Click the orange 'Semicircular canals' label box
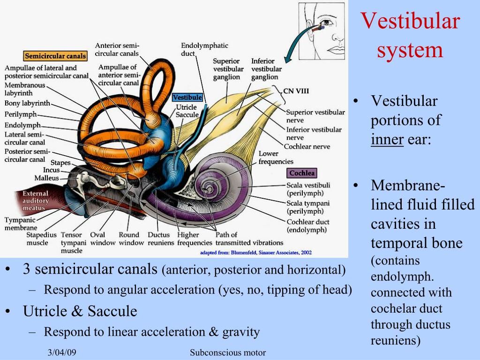[x=55, y=56]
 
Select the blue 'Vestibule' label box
[x=187, y=97]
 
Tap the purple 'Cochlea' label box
[x=302, y=173]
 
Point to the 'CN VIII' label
[x=296, y=91]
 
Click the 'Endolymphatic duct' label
[x=204, y=50]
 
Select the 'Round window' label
[x=128, y=239]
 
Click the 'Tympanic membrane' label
[x=21, y=224]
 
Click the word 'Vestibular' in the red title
[x=410, y=22]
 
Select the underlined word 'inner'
[x=387, y=139]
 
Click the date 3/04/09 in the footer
[x=61, y=352]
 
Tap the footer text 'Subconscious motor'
[x=228, y=352]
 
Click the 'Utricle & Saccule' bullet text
[x=80, y=311]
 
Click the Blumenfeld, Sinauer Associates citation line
[x=255, y=253]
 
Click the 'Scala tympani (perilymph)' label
[x=308, y=207]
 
